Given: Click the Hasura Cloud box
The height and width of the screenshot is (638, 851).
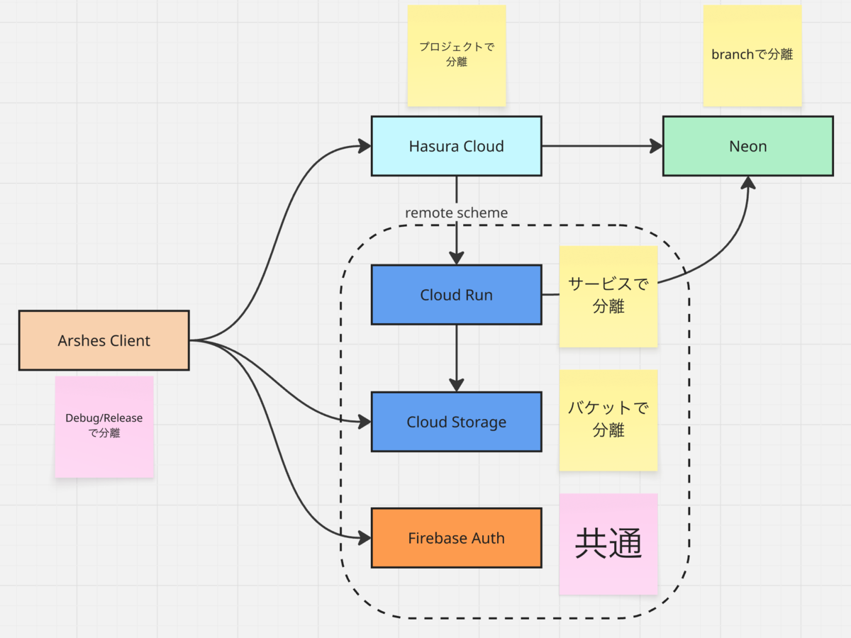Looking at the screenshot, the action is [x=456, y=146].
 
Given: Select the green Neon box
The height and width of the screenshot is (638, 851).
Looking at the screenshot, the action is [x=748, y=146].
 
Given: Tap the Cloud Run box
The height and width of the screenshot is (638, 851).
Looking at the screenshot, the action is [x=456, y=295].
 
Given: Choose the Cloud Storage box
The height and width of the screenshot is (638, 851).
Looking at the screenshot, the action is [x=456, y=422].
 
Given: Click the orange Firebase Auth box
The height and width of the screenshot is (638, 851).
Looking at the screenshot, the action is [x=456, y=538].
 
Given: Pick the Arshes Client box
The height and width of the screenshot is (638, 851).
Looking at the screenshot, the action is [x=104, y=340].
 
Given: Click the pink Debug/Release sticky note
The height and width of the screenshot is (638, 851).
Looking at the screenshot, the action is [x=104, y=427].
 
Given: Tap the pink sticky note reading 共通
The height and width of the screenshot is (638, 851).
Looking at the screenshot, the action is [x=608, y=544].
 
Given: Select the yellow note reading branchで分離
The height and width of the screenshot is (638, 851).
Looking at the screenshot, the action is [x=752, y=55].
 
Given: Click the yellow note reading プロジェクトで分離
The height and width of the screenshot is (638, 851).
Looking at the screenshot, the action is [x=457, y=55].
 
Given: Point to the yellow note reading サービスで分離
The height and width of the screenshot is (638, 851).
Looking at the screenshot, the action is [x=608, y=296].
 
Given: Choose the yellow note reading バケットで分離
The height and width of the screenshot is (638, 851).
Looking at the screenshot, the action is [x=608, y=420].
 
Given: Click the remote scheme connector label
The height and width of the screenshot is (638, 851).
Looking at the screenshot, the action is [x=456, y=213].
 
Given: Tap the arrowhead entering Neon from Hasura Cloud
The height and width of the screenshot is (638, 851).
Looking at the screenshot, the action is [x=656, y=146].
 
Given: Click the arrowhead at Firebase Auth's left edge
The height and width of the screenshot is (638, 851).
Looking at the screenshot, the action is [x=365, y=537].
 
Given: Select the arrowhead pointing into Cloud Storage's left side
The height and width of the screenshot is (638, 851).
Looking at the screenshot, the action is [x=365, y=422].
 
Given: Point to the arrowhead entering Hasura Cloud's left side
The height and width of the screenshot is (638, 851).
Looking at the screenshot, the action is [x=365, y=146].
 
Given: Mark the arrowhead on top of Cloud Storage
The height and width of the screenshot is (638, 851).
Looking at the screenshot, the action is [x=456, y=385].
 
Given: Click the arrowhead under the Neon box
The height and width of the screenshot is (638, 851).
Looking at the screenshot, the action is [x=748, y=183].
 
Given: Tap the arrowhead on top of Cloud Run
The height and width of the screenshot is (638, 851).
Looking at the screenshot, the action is [x=456, y=258].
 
